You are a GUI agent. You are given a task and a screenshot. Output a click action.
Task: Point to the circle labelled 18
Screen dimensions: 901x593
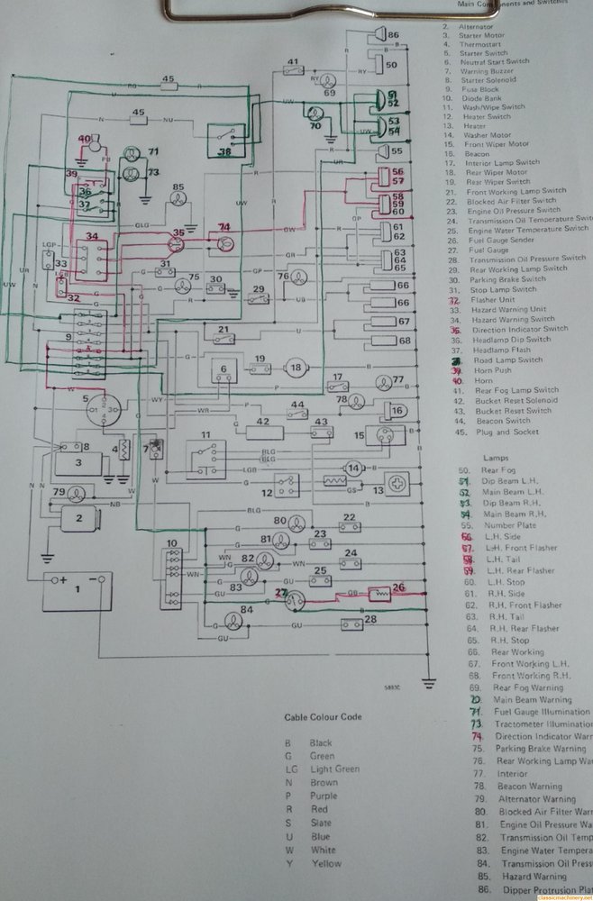pos(295,367)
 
